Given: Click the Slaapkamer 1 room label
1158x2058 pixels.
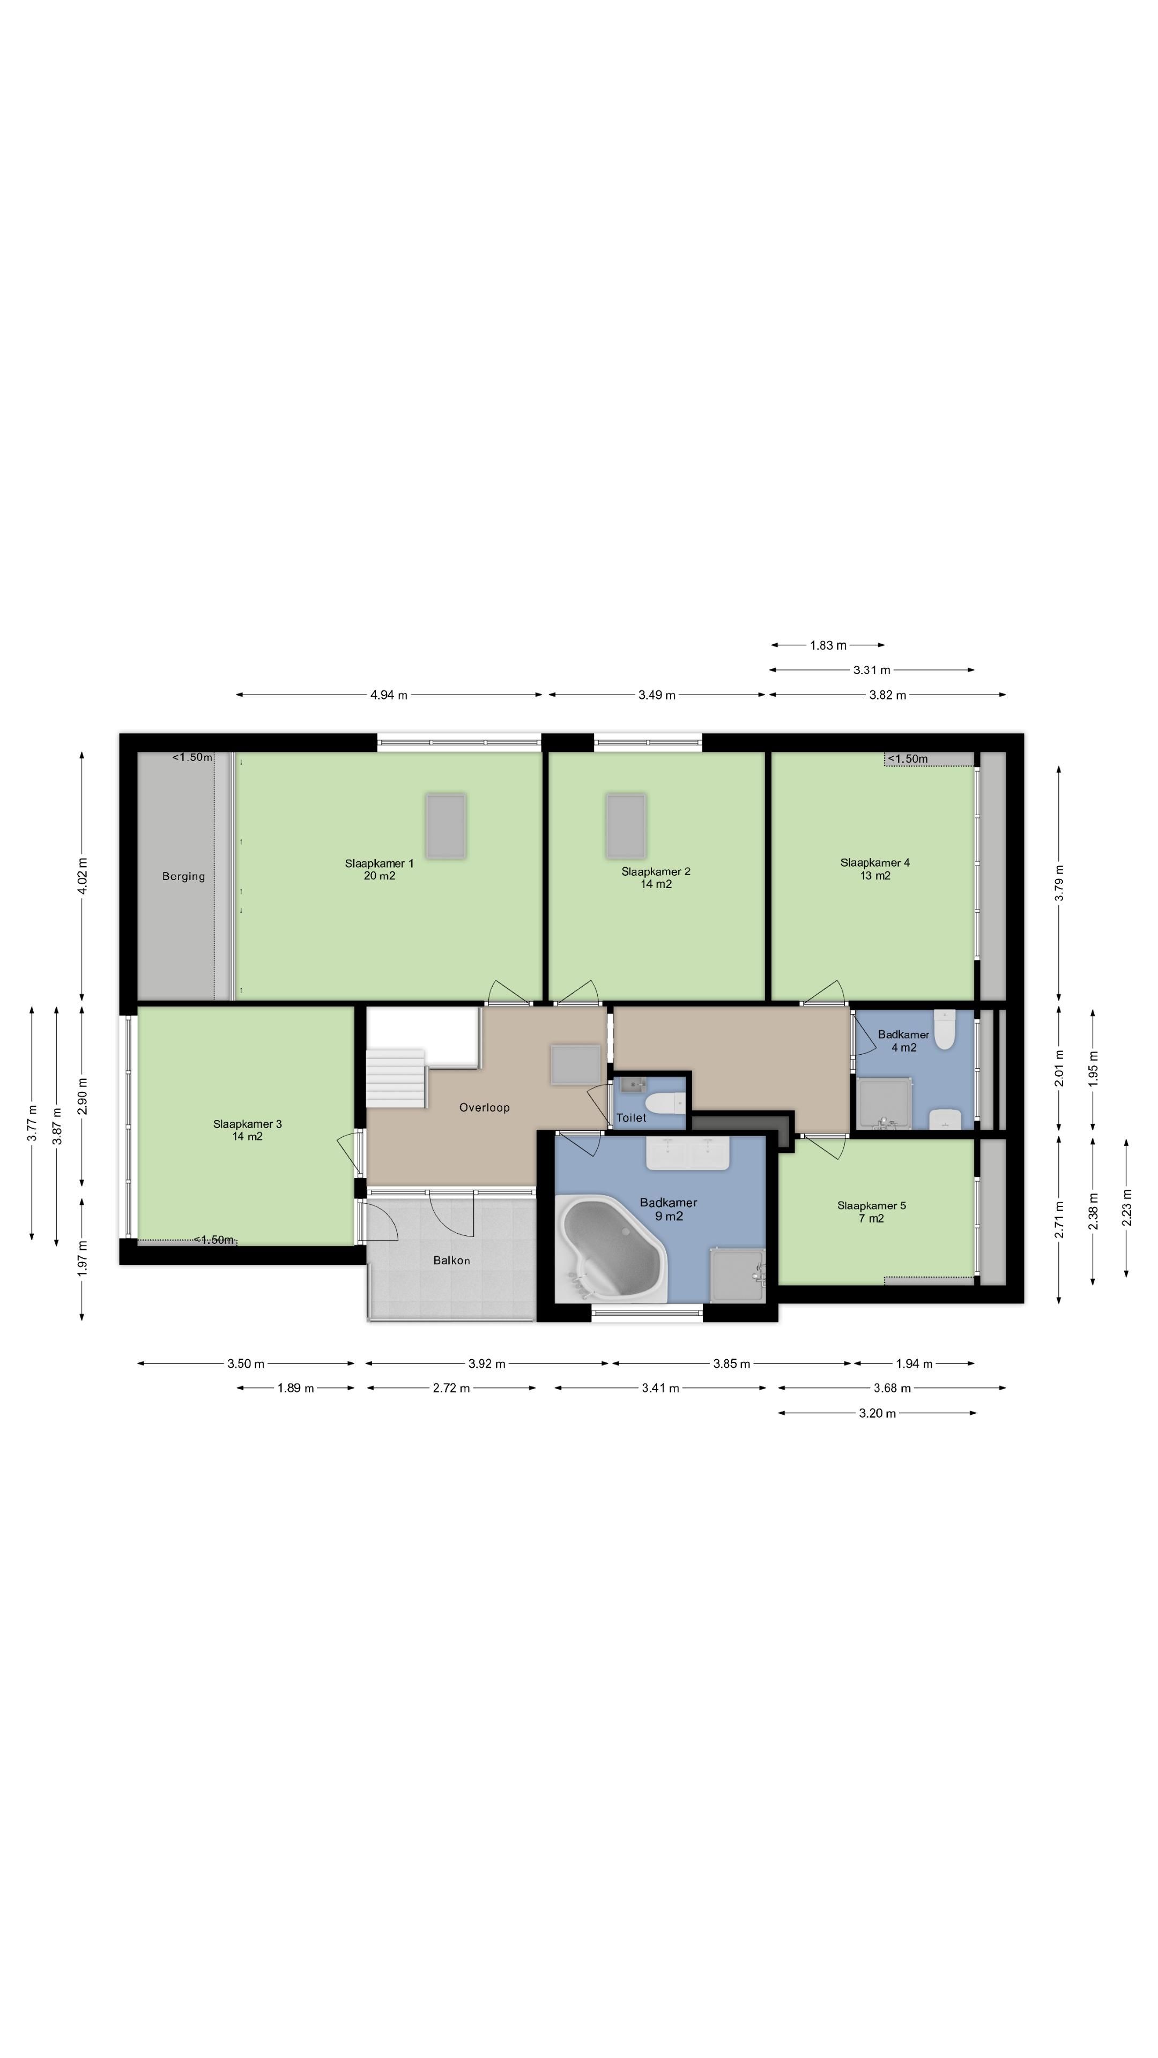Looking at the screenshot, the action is coord(380,863).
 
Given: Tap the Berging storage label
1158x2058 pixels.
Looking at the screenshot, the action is coord(184,876).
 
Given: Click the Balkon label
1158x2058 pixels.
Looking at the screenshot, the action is coord(451,1260).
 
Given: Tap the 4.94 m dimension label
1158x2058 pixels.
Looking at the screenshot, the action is coord(388,695).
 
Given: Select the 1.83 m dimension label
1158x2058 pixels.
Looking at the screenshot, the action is coord(828,645).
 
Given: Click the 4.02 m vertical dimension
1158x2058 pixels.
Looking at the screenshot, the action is coord(83,876).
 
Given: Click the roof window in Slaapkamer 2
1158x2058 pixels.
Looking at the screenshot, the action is coord(626,825).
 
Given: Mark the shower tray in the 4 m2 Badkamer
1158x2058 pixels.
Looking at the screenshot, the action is coord(883,1103).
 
